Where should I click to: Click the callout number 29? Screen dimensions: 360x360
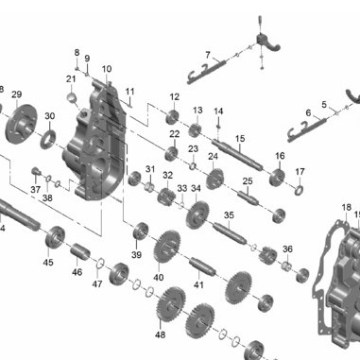17,94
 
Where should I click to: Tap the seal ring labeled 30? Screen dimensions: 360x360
48,139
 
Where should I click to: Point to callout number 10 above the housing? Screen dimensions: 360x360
107,69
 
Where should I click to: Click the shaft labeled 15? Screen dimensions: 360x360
237,155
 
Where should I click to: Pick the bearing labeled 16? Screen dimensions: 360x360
277,178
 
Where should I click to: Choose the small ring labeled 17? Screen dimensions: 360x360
299,190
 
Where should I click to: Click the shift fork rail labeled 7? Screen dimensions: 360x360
205,73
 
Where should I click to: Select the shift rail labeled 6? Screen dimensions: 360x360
307,129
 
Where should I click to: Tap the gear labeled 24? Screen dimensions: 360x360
215,179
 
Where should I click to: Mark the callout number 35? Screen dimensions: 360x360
229,215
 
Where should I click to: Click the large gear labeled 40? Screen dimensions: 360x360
167,247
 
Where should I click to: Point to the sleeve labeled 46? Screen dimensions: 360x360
80,251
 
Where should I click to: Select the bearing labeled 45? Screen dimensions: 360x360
55,237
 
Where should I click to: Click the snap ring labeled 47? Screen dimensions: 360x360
100,264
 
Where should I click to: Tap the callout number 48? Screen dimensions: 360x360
160,334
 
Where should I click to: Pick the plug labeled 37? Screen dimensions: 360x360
36,172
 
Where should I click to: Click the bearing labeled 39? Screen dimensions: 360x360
141,231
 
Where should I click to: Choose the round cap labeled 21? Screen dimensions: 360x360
72,97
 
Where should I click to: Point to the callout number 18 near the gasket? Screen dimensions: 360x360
347,207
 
